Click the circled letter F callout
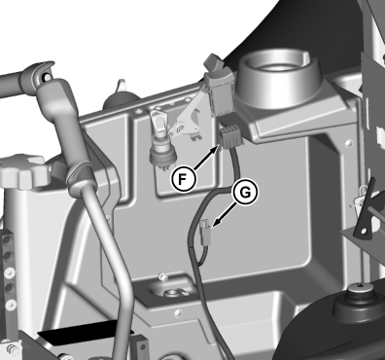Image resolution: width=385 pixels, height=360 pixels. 184,178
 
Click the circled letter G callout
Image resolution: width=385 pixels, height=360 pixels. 245,193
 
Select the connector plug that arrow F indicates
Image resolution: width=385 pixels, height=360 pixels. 230,137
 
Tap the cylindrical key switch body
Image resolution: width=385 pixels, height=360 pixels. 162,153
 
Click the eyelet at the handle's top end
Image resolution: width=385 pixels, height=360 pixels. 45,74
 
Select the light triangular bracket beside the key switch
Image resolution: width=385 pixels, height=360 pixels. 189,120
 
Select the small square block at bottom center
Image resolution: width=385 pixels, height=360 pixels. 140,348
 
